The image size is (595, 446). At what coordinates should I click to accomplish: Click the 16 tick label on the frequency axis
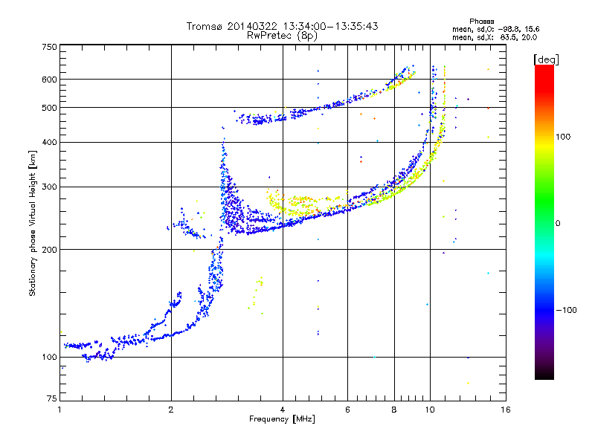(505, 410)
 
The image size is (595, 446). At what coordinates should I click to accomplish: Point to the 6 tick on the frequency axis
(347, 410)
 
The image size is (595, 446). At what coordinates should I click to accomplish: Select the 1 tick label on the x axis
(59, 410)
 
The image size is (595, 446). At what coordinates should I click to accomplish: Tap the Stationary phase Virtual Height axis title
(33, 223)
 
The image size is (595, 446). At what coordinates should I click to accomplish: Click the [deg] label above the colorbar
(547, 59)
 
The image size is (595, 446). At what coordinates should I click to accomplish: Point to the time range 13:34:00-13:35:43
(312, 26)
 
